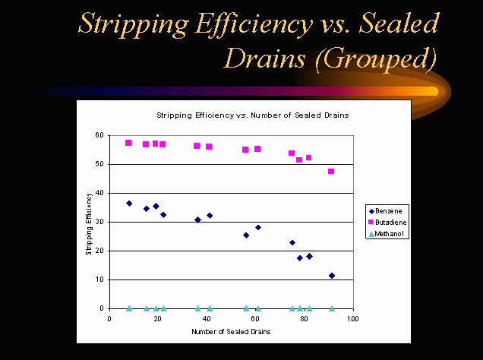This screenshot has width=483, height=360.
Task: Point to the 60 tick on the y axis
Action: click(x=100, y=135)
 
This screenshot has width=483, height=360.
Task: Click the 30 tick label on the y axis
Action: click(x=100, y=222)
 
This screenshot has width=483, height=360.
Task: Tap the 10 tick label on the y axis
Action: click(x=100, y=279)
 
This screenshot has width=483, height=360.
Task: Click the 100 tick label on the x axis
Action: click(x=352, y=319)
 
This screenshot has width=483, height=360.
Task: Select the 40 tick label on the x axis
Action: click(x=207, y=319)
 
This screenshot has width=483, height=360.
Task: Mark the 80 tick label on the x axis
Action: click(x=305, y=319)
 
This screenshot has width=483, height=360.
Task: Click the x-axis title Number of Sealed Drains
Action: click(x=231, y=332)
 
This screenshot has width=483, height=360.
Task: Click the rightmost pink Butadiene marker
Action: click(x=331, y=172)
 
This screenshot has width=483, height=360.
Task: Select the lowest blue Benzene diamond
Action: click(x=332, y=276)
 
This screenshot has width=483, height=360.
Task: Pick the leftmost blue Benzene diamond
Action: click(x=129, y=204)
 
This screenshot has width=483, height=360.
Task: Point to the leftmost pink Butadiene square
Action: click(x=128, y=143)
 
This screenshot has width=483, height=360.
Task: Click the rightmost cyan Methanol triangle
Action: click(x=332, y=308)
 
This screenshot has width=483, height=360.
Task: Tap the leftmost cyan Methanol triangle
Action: click(x=129, y=308)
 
